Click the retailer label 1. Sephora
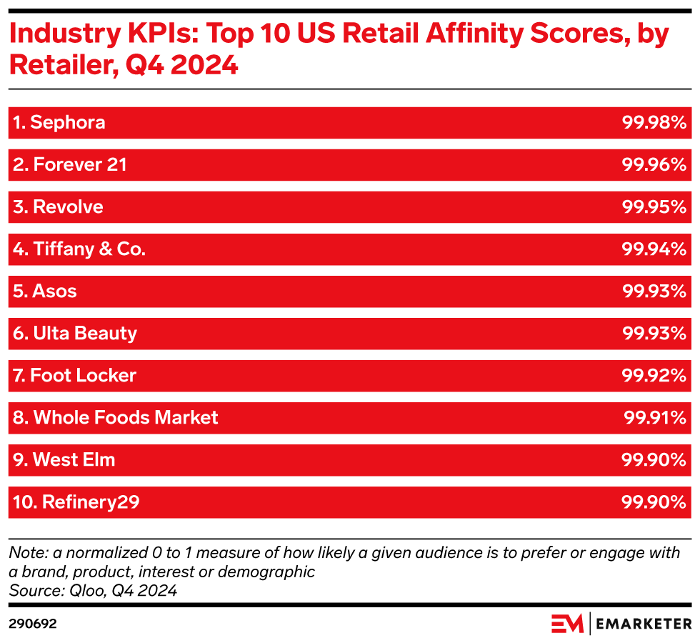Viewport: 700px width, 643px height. (x=59, y=122)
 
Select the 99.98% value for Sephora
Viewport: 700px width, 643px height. (x=654, y=122)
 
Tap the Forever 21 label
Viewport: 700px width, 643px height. (x=69, y=164)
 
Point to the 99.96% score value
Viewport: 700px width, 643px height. (x=654, y=164)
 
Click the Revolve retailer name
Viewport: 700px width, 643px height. (x=58, y=206)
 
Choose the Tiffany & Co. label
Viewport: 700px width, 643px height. (x=79, y=249)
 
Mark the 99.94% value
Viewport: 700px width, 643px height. (x=654, y=249)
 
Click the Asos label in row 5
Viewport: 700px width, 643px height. (x=44, y=291)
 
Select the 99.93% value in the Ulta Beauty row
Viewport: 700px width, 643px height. (x=654, y=333)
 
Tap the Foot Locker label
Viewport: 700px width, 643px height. (x=74, y=375)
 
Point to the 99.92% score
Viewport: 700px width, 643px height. (x=654, y=375)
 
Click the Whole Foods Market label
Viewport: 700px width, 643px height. (x=116, y=417)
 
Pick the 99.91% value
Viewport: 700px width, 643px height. (x=655, y=417)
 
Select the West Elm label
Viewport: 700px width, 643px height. (x=64, y=459)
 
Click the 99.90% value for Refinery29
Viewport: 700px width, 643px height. (x=654, y=502)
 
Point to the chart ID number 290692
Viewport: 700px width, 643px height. (x=32, y=623)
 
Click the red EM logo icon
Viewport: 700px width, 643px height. (x=567, y=623)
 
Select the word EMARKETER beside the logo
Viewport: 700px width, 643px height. (x=643, y=624)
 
